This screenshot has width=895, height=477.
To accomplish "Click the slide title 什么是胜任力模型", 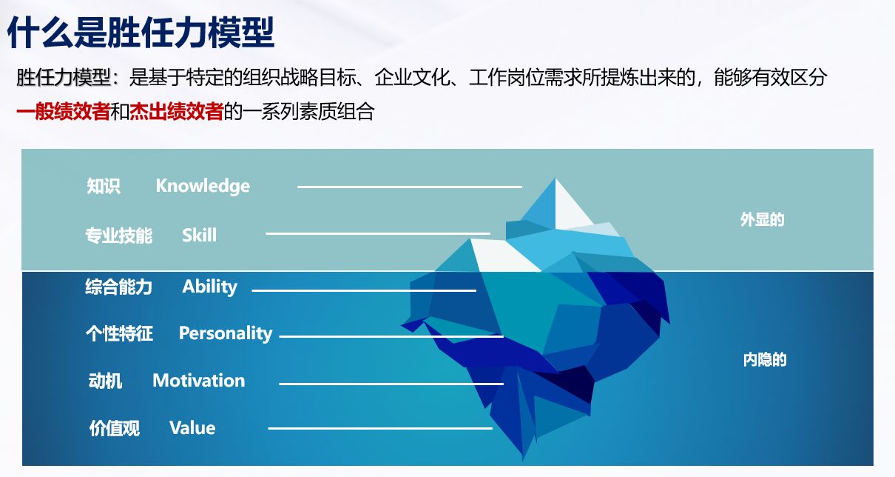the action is (x=141, y=32).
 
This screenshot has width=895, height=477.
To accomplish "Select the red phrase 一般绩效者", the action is (x=63, y=111).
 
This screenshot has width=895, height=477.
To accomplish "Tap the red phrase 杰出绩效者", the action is (x=176, y=111).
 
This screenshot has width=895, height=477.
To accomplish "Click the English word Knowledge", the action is (x=203, y=187).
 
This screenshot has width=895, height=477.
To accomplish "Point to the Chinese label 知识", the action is (x=104, y=186).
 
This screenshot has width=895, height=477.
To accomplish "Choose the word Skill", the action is (x=200, y=235).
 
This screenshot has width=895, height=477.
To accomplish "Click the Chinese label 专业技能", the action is (x=118, y=236).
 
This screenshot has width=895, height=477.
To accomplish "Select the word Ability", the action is (x=210, y=287).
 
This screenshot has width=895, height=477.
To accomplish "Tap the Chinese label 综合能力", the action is (x=118, y=287).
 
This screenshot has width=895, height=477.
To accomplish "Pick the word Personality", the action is (x=226, y=333).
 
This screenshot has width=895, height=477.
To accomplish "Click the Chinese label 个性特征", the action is (x=119, y=333).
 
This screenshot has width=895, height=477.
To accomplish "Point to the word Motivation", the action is (x=199, y=380).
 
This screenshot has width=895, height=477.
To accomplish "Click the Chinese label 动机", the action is (x=105, y=381).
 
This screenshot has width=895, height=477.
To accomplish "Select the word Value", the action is (x=192, y=428).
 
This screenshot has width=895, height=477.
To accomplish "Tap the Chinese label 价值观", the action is (x=115, y=428).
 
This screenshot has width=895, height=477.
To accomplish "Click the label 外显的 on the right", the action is (x=763, y=220).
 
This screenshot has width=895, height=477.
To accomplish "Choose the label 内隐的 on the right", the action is (x=765, y=360).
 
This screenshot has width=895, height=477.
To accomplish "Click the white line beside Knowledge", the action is (x=410, y=187).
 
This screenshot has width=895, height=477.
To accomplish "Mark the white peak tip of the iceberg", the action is (x=555, y=179).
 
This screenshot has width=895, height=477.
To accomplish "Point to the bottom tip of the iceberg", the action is (x=523, y=460).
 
